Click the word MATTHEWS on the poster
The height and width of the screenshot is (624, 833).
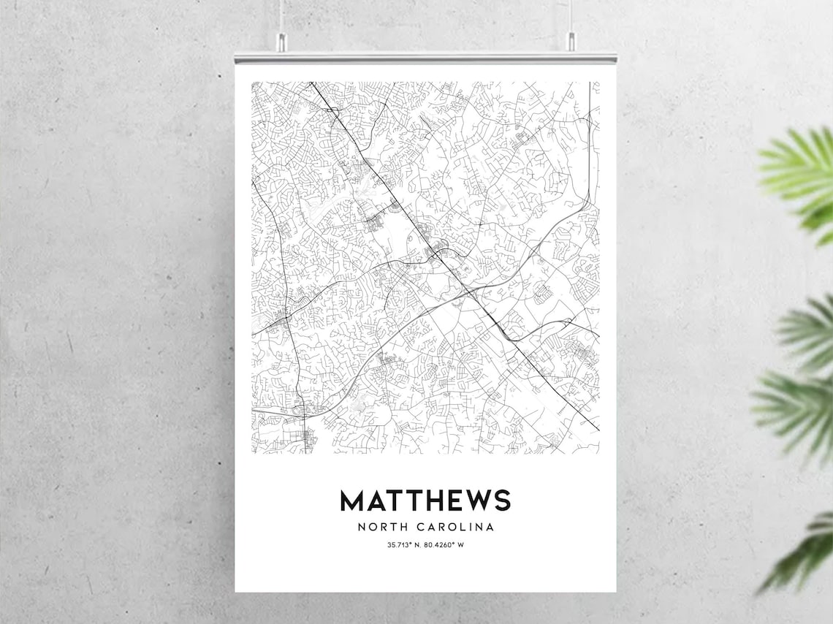[425, 501]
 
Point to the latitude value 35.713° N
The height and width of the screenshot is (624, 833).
[405, 545]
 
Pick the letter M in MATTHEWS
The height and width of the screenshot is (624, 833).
[352, 501]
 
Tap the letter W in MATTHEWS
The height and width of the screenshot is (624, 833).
[473, 501]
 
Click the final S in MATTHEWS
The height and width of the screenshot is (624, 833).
[501, 501]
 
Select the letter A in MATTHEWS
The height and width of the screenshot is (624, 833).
[376, 501]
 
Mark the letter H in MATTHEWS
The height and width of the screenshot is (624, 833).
[430, 501]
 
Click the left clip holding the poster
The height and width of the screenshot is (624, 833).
[280, 44]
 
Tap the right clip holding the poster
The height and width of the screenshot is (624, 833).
[571, 44]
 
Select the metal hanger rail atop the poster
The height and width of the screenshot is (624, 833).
[425, 57]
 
